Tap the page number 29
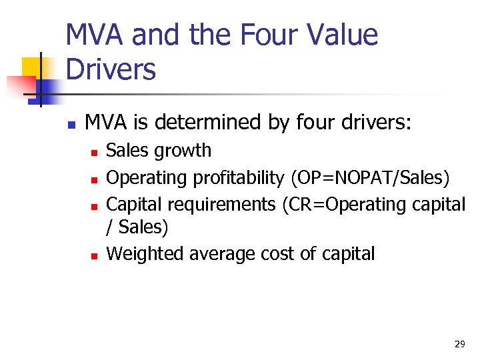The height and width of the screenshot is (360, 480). click(x=459, y=344)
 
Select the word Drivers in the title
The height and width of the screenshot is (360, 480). click(x=111, y=69)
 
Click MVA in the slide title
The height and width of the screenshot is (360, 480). click(x=95, y=35)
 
